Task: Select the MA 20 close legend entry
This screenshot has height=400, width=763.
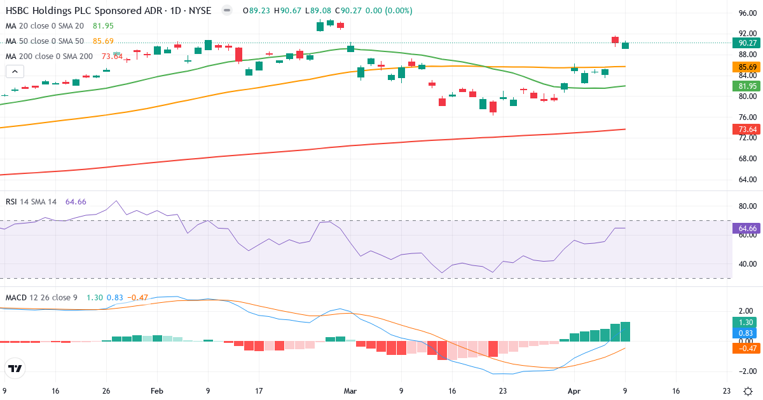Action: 45,26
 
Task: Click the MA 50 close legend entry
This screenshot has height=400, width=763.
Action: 45,41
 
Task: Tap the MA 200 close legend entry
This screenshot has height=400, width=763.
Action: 49,57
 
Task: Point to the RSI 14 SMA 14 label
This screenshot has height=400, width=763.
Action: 31,202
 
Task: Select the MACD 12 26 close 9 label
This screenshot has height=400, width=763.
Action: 42,298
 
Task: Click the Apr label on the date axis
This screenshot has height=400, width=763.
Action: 574,392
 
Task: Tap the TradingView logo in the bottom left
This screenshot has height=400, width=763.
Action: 15,368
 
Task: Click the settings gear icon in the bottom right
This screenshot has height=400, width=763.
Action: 748,392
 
